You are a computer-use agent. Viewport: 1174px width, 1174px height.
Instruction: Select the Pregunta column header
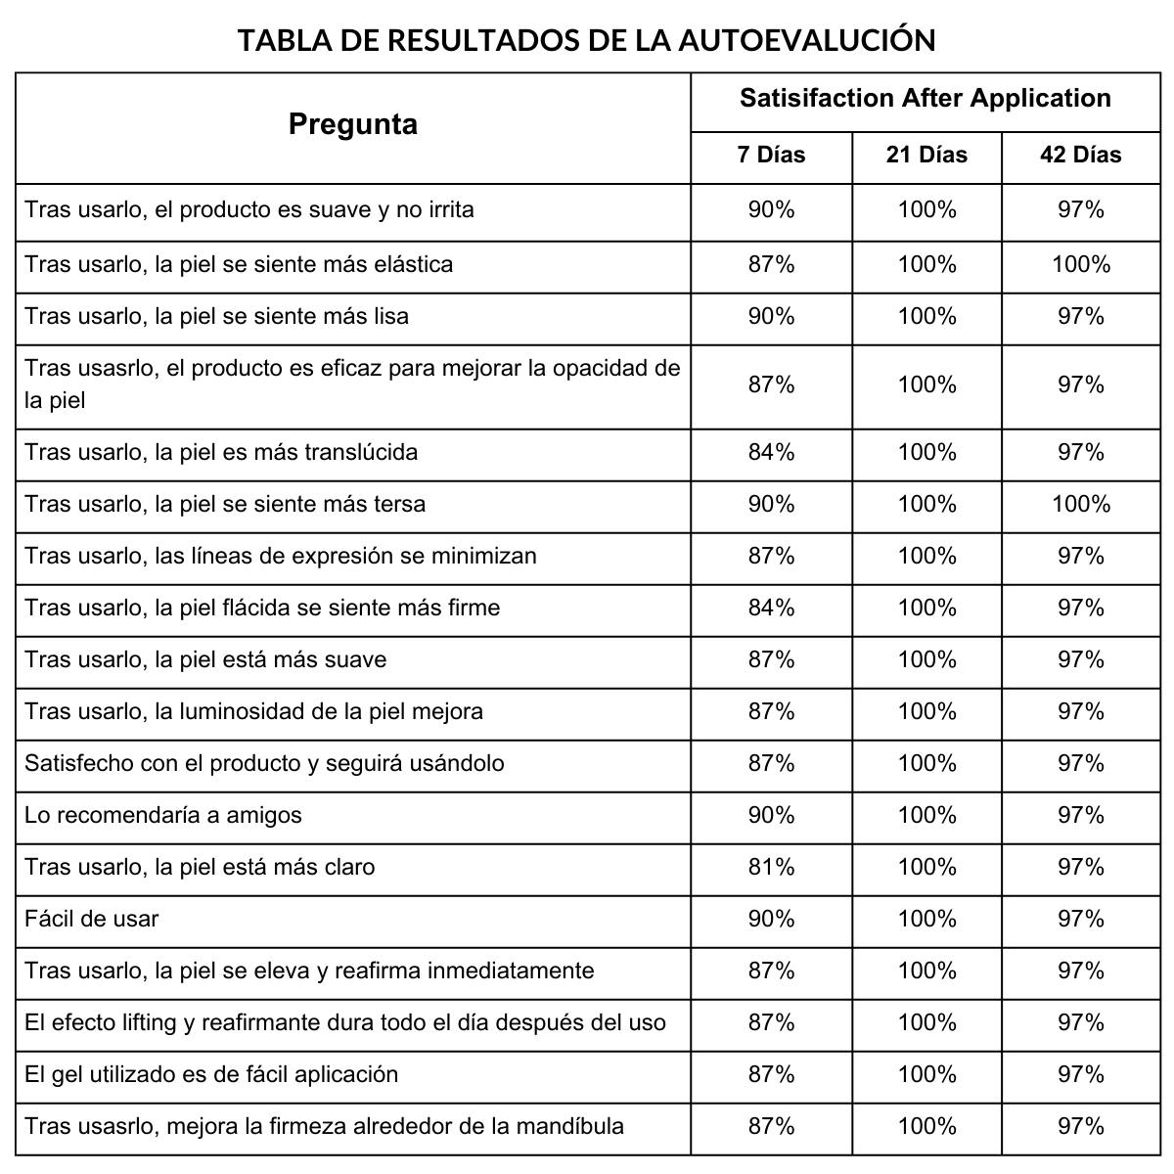[x=353, y=124]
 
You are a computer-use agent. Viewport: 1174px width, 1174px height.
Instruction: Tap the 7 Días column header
[x=771, y=155]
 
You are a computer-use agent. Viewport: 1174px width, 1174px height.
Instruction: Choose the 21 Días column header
[x=926, y=155]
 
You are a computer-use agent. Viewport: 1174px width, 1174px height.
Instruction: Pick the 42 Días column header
[x=1080, y=155]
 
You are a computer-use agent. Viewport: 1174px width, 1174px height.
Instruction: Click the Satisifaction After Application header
[x=925, y=98]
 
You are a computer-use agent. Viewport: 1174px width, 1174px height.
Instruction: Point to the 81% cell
[x=771, y=867]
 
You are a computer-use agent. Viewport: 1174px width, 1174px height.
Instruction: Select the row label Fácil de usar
[x=91, y=919]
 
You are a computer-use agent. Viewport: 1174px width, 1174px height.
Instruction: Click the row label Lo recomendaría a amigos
[x=163, y=815]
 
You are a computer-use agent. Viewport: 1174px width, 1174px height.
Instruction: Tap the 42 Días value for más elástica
[x=1080, y=264]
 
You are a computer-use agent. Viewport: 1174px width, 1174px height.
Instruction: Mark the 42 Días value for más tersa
[x=1080, y=504]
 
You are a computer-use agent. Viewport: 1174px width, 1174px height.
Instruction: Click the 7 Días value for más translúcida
[x=771, y=452]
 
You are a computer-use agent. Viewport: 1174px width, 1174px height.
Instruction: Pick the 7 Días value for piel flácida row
[x=771, y=608]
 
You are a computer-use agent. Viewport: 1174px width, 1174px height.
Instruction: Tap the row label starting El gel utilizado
[x=211, y=1074]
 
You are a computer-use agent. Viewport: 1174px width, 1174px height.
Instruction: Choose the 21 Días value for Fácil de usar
[x=926, y=919]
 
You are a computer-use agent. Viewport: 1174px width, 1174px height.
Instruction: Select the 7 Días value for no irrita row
[x=771, y=209]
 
